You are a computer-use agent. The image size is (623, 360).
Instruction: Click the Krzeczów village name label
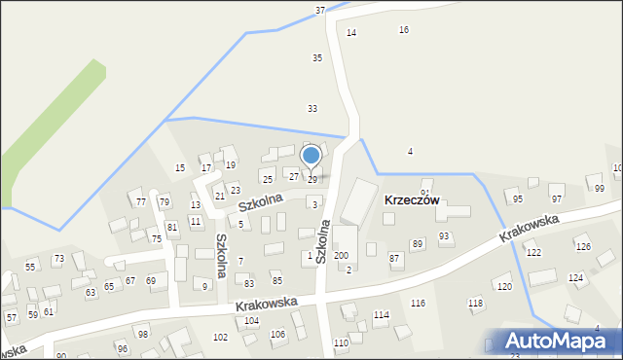click(412, 199)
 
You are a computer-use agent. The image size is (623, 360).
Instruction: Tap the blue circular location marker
click(311, 155)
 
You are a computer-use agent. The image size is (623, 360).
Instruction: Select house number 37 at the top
click(320, 10)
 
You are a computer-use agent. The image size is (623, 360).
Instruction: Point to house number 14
click(351, 33)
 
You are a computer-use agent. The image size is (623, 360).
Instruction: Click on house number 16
click(404, 30)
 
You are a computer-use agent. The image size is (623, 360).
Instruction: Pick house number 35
click(316, 58)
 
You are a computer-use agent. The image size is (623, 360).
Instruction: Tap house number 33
click(312, 108)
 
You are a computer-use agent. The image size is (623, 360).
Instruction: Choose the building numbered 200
click(341, 255)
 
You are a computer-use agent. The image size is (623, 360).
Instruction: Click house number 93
click(444, 236)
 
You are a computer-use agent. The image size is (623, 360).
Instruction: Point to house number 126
click(582, 247)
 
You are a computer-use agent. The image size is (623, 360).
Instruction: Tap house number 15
click(180, 168)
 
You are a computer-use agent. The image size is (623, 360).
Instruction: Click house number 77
click(141, 201)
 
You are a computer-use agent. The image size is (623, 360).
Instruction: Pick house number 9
click(204, 286)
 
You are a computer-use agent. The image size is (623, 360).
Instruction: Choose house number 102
click(221, 337)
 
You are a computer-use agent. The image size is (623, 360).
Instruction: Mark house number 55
click(30, 267)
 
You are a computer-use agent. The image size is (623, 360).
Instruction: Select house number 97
click(556, 198)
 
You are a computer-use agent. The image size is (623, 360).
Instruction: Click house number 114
click(381, 315)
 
